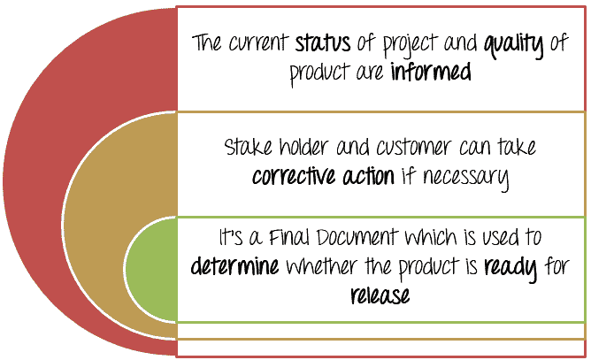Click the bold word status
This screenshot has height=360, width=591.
322,43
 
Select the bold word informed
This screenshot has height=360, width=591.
431,72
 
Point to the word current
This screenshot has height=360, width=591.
258,42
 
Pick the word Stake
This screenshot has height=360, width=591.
248,147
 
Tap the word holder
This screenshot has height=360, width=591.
303,147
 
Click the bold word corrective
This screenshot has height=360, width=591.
294,176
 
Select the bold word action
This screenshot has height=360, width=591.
368,176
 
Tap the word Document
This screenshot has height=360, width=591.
357,237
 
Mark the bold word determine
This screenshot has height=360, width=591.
234,265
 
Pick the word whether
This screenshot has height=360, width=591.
321,266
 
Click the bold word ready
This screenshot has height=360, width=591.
510,269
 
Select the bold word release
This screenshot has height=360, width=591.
380,295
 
